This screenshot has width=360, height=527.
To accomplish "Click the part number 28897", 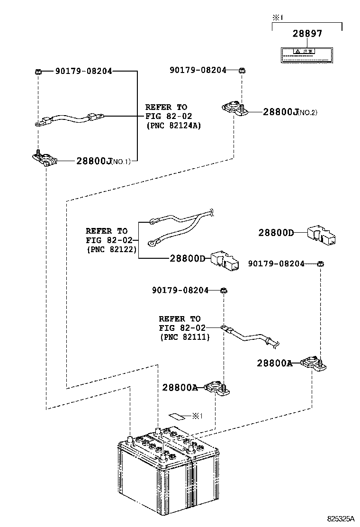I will point(307,34).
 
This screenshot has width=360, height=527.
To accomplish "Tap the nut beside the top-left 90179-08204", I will point(38,72).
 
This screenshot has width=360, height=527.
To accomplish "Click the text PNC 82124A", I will point(173,126).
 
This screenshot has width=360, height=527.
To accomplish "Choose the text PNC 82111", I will point(184,336).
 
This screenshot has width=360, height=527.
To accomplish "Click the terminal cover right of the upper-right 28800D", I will point(322,234).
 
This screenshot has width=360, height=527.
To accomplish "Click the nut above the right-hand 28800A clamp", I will point(320,264).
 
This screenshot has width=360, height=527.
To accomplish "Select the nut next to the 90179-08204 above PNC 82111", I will point(224,291).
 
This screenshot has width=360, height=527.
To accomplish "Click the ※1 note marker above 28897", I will point(277,18).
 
